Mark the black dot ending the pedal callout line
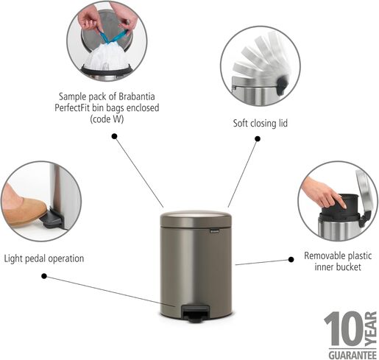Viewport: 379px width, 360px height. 43,276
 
